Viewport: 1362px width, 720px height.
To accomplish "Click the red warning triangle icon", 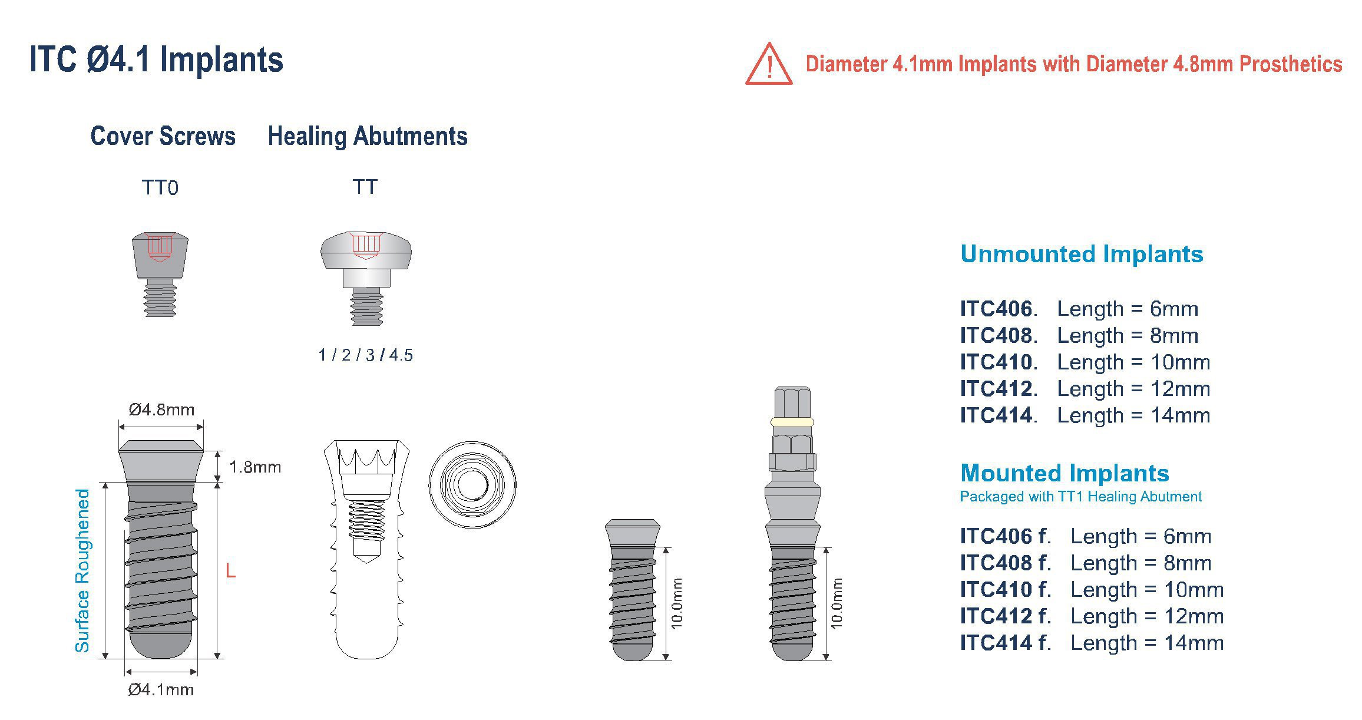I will click(768, 65).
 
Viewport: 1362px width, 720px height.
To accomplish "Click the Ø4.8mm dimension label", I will click(161, 409).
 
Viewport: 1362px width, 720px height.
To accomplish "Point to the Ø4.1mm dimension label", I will click(161, 689).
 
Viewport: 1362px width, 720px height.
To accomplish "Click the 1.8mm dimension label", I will click(254, 467).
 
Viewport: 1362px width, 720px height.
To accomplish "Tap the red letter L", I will click(230, 570).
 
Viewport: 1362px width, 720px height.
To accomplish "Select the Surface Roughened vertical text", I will click(82, 570).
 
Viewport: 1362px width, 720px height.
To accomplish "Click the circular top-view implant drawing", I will click(472, 485).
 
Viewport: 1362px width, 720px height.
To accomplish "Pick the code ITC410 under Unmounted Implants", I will click(996, 362).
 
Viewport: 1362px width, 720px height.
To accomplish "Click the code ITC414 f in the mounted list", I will click(1005, 642).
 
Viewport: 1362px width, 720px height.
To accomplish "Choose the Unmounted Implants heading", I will click(1081, 254).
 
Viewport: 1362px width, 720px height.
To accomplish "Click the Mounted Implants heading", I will click(1064, 473).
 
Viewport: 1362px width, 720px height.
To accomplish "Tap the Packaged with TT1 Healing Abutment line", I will click(1080, 497).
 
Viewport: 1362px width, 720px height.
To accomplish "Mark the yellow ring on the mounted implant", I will click(792, 422).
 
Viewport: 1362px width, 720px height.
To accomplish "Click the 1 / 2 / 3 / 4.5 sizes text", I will click(365, 355).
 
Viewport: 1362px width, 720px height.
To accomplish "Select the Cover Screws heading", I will click(163, 136).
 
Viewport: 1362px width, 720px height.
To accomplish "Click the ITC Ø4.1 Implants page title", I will click(156, 60).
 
